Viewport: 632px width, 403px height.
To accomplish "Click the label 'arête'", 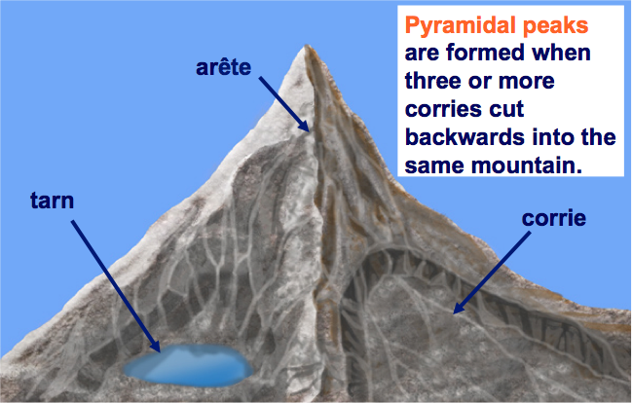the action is click(x=223, y=67).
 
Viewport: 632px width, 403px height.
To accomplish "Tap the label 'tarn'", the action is click(x=52, y=201).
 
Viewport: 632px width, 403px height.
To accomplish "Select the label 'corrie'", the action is click(x=554, y=218).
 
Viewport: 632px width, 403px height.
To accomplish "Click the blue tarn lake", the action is click(x=188, y=365).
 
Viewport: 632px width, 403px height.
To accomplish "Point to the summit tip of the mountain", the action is click(x=307, y=46).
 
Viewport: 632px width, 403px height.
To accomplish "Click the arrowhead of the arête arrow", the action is click(x=305, y=127).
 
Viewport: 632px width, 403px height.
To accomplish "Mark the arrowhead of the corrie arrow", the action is click(x=458, y=309).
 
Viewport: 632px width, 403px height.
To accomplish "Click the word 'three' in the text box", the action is click(x=433, y=81).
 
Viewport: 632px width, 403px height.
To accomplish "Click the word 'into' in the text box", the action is click(x=552, y=137).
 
